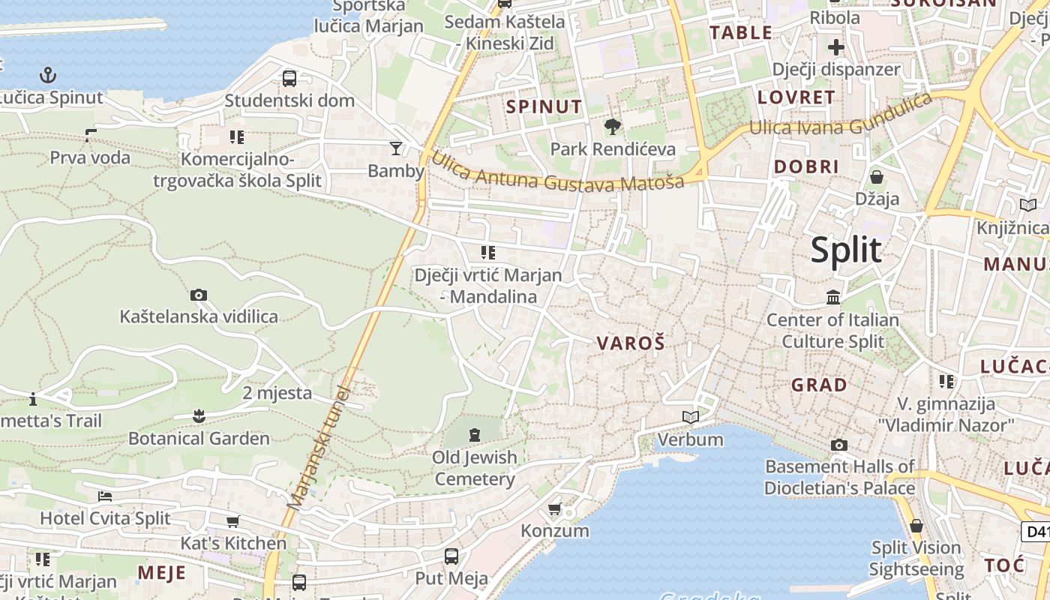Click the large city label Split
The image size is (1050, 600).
pos(846,250)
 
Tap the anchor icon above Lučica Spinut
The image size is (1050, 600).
pos(48,75)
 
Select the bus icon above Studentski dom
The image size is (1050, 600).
pos(289,78)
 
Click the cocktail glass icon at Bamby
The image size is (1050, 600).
pos(395,148)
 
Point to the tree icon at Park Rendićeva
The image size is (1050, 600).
pos(613,126)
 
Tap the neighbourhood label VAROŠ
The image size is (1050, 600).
pos(631,343)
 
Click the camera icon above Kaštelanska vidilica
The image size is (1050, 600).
pos(198,295)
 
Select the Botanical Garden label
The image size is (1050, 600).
pos(199,438)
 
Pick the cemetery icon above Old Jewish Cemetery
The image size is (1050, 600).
pos(474,434)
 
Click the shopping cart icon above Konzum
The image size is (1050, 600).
pos(554,509)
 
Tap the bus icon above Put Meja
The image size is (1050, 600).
pos(451,556)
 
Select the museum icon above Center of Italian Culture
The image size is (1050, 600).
pos(832,298)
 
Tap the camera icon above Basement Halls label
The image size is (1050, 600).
pos(838,445)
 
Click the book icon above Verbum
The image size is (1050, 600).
pos(690,417)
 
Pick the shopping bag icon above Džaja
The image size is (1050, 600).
pos(876,177)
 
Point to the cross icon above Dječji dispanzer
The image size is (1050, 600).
pos(835,48)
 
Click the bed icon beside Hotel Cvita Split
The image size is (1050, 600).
pos(105,496)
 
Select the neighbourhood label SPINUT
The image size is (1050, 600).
pos(544,106)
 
